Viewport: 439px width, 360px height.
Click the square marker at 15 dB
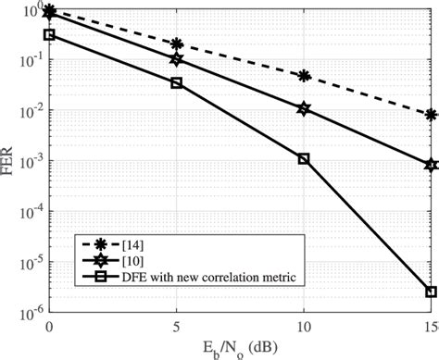432,292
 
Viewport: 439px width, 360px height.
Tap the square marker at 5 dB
177,83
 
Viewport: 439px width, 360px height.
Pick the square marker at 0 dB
50,35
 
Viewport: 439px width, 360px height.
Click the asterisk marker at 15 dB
432,115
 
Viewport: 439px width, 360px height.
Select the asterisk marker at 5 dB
177,43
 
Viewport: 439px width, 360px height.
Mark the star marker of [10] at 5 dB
177,59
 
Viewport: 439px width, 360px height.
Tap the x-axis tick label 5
177,328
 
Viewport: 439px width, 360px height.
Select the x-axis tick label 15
429,328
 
